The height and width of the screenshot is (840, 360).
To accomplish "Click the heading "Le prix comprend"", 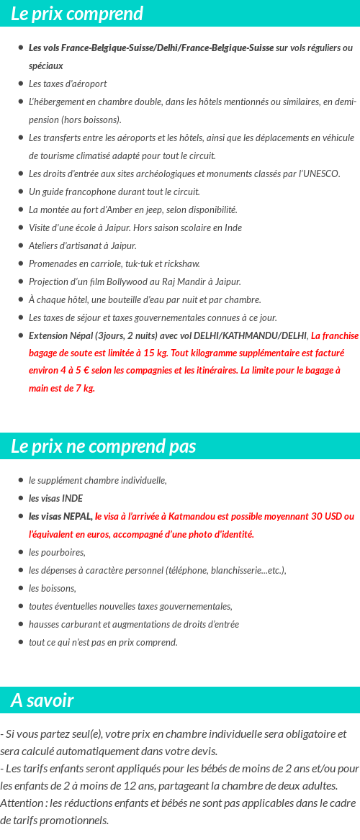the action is tap(77, 14).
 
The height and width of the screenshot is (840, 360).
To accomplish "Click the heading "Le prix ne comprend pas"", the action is tap(103, 446).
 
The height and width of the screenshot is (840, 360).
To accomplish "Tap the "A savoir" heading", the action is tap(42, 700).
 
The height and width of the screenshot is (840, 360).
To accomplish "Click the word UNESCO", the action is tap(321, 173).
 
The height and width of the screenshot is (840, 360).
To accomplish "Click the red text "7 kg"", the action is tap(84, 388).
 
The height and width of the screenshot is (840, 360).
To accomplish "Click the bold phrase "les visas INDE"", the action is tap(55, 498).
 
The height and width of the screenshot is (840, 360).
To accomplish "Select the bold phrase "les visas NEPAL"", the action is tap(60, 516).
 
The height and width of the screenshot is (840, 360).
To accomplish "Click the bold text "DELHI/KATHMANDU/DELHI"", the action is tap(245, 335).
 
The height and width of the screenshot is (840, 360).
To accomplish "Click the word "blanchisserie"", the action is tap(243, 570).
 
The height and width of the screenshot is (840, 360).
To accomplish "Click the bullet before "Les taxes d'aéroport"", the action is tap(21, 83).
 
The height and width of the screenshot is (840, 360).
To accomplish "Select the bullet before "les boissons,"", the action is tap(21, 588).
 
